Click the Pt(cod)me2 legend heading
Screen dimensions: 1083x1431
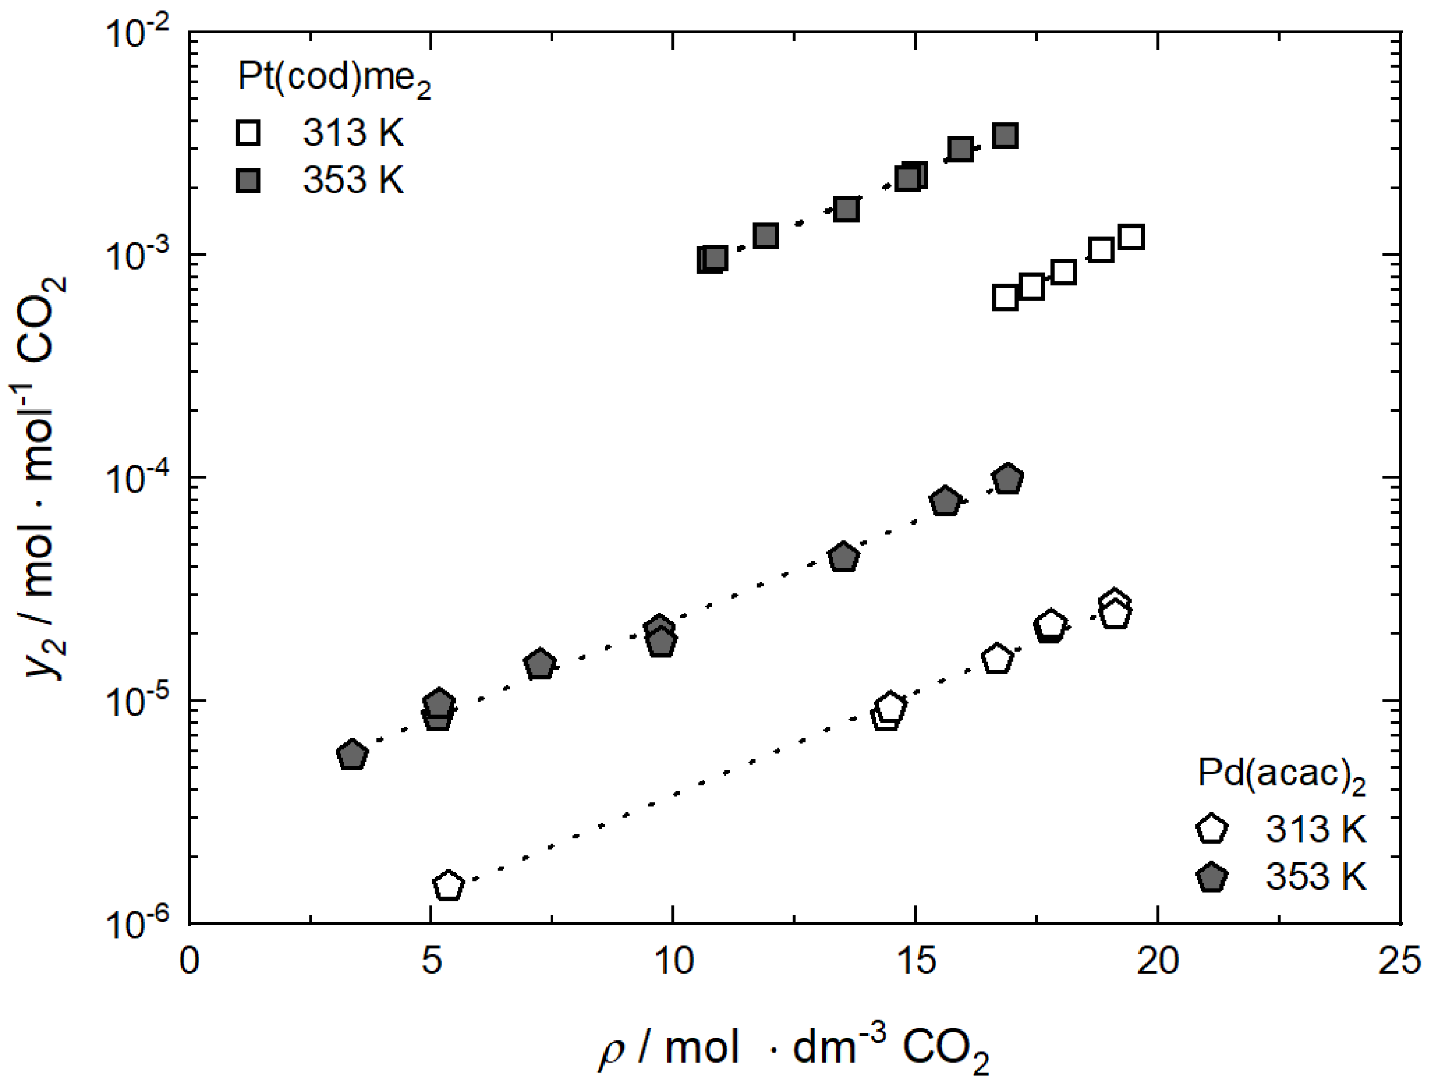334,79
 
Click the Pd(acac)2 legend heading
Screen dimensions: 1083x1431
1281,773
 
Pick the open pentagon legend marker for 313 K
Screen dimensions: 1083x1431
1212,830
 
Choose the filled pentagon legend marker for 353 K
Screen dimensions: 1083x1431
1212,878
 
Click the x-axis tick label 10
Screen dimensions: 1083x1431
673,962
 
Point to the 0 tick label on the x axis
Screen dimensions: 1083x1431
189,962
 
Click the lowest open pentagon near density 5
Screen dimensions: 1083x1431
449,886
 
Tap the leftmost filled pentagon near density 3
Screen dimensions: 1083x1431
352,755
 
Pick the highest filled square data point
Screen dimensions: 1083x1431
1005,136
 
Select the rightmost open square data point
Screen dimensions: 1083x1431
1132,237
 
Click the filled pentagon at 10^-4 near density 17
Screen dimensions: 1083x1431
1007,480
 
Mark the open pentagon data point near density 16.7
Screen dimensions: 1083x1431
997,659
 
